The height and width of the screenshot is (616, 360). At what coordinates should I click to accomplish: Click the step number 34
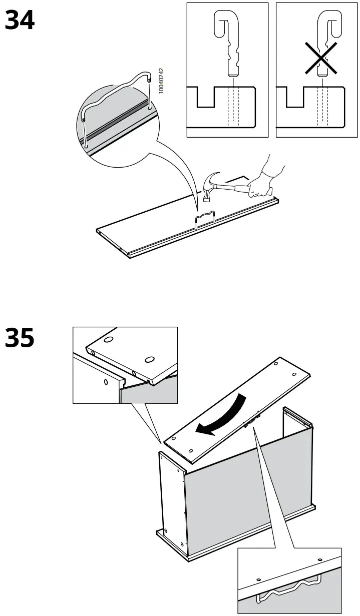(x=20, y=21)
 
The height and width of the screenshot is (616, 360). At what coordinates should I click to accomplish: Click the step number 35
(x=20, y=338)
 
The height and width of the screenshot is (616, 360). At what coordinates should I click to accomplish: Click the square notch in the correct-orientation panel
(x=205, y=98)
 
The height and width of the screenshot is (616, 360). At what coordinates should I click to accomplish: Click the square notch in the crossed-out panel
(x=294, y=98)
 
